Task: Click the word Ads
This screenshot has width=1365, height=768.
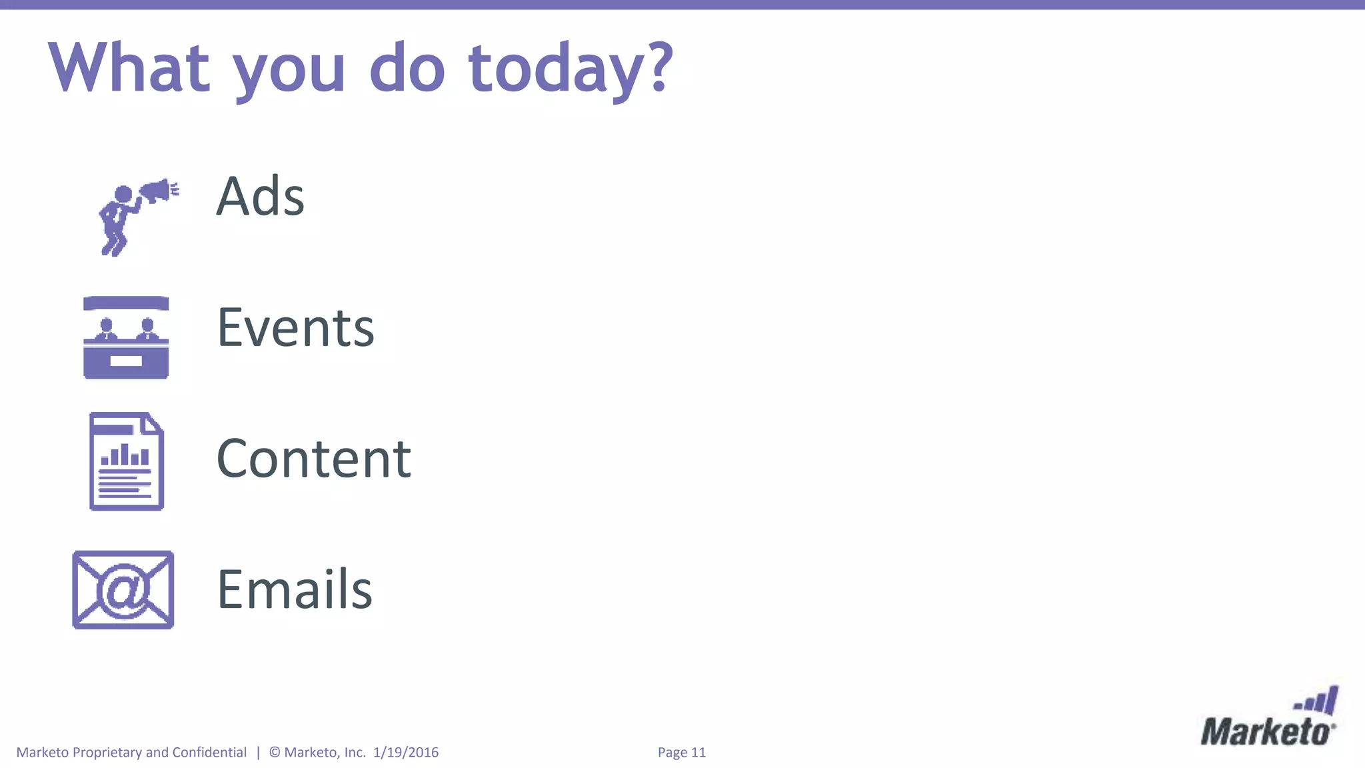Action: (260, 197)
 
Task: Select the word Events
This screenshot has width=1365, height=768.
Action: (296, 328)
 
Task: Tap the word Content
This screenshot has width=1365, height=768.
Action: (314, 459)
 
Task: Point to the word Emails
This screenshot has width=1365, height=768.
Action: (295, 590)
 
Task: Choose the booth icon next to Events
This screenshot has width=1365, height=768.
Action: (126, 338)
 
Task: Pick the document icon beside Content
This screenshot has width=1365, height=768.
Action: (127, 461)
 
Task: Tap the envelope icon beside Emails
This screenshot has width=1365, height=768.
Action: (123, 590)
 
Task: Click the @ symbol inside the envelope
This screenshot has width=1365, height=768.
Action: (124, 589)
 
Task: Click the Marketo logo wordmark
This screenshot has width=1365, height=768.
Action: (1267, 732)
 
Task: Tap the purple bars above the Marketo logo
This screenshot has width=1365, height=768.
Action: (1317, 701)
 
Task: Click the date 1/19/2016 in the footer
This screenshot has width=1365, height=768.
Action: (406, 753)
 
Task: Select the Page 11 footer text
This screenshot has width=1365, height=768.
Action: (681, 753)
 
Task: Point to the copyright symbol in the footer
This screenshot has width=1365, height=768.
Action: (275, 753)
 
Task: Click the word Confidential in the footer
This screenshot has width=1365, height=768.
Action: (209, 753)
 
